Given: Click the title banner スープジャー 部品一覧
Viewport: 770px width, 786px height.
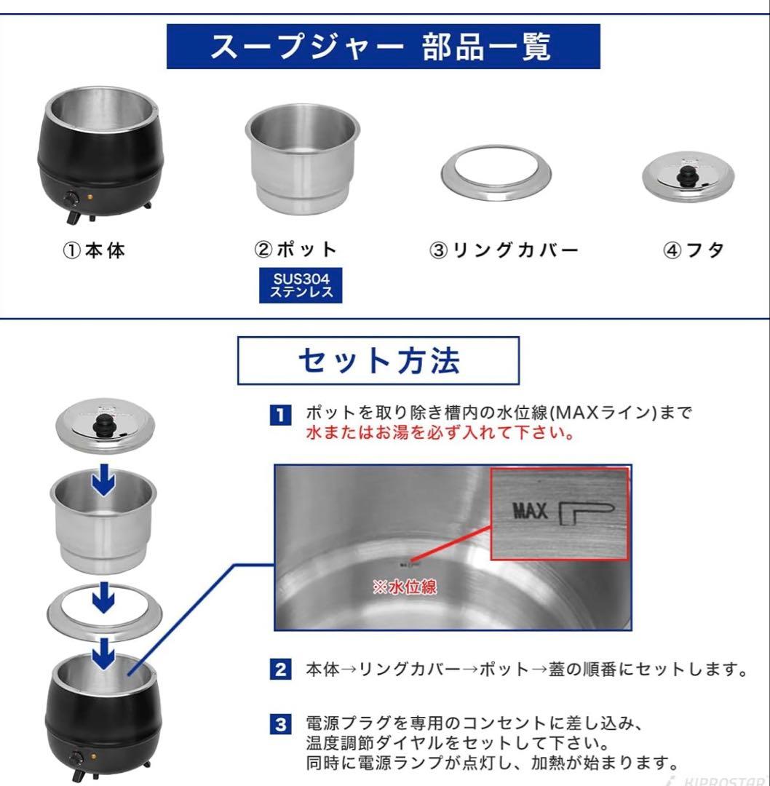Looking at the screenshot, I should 383,47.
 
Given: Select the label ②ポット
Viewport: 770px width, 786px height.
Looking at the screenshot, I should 296,250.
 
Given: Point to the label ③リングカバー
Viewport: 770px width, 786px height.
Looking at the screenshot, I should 505,250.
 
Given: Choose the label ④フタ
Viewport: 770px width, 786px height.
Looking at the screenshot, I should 694,250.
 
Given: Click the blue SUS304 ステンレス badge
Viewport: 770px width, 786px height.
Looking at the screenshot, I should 301,285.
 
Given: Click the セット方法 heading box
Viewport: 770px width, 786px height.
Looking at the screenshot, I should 378,360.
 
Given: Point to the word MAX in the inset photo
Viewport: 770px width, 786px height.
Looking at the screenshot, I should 530,512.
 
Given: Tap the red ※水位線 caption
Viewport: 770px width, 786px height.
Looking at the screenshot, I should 405,587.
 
